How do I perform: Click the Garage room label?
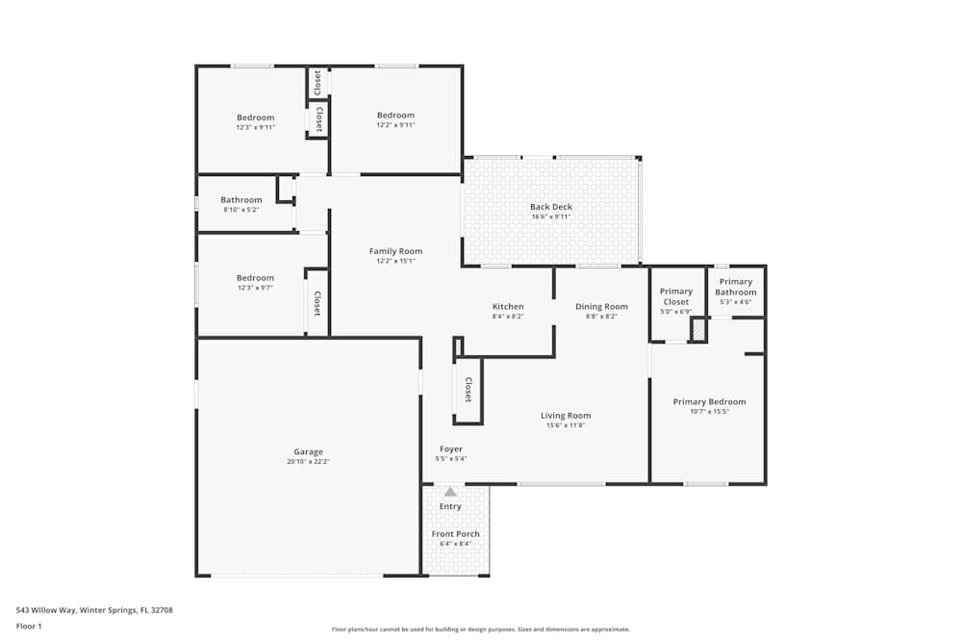(308, 451)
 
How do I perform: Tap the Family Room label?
(395, 251)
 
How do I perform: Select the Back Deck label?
(550, 207)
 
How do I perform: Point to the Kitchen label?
(508, 307)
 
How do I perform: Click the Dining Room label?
(601, 307)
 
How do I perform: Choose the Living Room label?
(566, 416)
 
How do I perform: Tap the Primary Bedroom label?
(709, 402)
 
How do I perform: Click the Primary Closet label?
(676, 296)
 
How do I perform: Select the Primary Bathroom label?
(736, 287)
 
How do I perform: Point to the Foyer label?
(451, 449)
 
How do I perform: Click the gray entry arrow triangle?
(450, 492)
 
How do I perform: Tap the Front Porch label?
(455, 534)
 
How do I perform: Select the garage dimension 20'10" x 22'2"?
(308, 462)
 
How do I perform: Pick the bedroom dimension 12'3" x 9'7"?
(255, 288)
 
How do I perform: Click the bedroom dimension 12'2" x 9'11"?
(395, 125)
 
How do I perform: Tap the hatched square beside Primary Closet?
(699, 330)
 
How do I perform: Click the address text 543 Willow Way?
(94, 609)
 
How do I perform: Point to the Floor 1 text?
(29, 626)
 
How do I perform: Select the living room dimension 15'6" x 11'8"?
(566, 425)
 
